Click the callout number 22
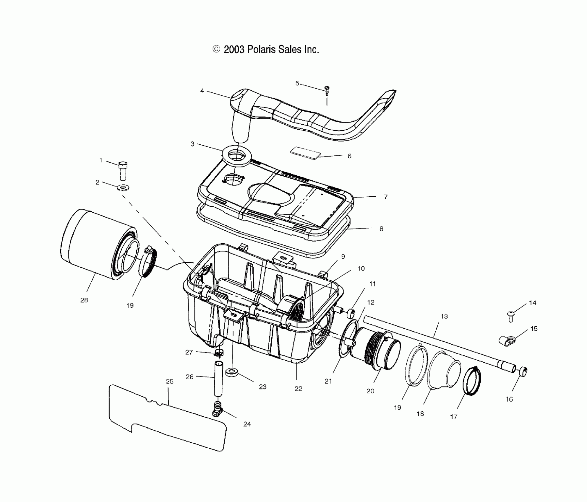tap(298, 389)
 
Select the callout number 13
tap(444, 316)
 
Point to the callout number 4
tap(202, 91)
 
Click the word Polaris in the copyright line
tap(261, 49)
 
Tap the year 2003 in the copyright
tap(234, 49)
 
